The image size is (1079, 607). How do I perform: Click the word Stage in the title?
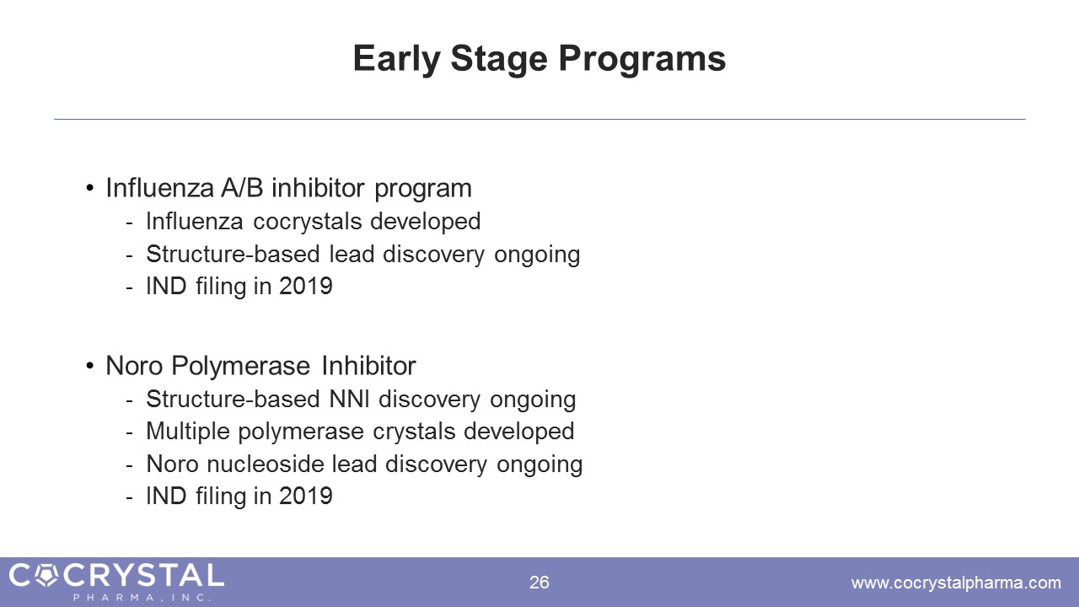click(499, 60)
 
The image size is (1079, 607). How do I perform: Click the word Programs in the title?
click(642, 60)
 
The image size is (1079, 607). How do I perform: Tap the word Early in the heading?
click(396, 60)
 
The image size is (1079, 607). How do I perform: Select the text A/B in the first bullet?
click(242, 187)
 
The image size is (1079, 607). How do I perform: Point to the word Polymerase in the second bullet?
click(241, 366)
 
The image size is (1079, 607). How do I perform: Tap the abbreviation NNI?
click(350, 399)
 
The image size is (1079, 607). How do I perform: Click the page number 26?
click(539, 583)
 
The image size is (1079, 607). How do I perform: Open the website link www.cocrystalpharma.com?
click(956, 583)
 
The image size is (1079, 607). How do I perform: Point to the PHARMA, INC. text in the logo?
click(142, 598)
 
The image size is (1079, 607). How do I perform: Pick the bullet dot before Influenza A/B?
click(89, 188)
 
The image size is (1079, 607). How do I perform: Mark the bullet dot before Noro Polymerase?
click(89, 366)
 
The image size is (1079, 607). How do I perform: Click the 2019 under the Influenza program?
click(306, 286)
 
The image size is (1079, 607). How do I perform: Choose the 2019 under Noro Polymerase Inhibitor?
click(306, 497)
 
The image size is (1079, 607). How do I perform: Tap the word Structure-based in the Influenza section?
click(234, 254)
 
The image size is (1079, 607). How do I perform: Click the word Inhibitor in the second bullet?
click(368, 366)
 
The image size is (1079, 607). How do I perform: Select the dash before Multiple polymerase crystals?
click(129, 432)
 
